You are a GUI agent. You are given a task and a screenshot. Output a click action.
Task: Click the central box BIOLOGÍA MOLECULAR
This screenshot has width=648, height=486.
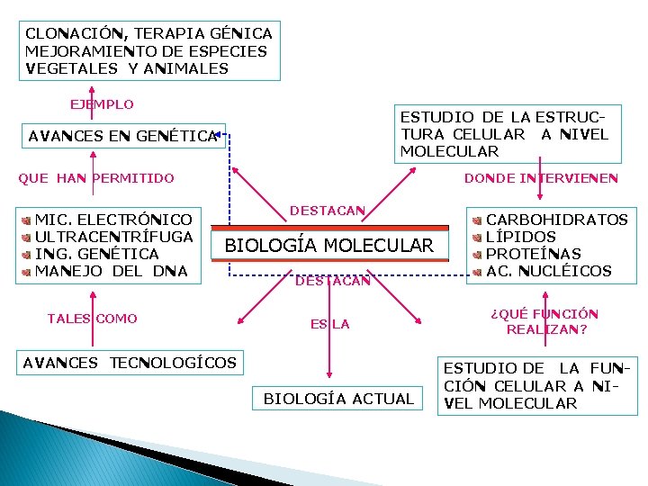pos(328,246)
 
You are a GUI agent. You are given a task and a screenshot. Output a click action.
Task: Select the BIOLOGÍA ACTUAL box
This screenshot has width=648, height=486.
pos(338,399)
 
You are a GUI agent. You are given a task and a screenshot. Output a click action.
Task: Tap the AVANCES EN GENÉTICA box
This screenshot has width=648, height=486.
pos(123,137)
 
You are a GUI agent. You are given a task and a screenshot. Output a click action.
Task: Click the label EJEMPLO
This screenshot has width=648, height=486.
pos(102,104)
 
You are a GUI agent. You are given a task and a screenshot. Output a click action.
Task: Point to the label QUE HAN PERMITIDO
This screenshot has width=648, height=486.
pos(96,178)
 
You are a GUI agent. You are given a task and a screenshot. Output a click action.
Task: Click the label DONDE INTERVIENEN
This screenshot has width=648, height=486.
pos(541,178)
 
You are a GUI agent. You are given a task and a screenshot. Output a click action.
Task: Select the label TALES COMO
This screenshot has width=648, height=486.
pos(92,319)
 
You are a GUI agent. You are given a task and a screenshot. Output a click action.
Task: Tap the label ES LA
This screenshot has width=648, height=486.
pos(330,324)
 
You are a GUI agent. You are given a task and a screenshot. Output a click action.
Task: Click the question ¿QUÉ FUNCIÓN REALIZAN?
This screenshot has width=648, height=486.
pos(544,321)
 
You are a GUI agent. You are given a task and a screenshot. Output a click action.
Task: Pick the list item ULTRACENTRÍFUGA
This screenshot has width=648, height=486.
pos(113,237)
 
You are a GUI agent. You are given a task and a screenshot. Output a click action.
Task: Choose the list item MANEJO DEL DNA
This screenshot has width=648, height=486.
pos(111,271)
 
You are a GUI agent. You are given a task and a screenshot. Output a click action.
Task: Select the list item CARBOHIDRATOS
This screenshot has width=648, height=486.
pos(557,220)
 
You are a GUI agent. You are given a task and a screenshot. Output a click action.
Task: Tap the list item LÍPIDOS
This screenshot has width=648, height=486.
pos(521,237)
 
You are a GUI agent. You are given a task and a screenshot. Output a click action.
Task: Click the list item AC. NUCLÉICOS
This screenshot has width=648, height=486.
pos(548,271)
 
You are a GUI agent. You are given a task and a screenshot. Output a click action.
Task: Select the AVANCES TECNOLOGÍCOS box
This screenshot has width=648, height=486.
pos(129,363)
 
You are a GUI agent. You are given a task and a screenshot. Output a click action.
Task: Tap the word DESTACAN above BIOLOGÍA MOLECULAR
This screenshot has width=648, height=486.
pos(327,211)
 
